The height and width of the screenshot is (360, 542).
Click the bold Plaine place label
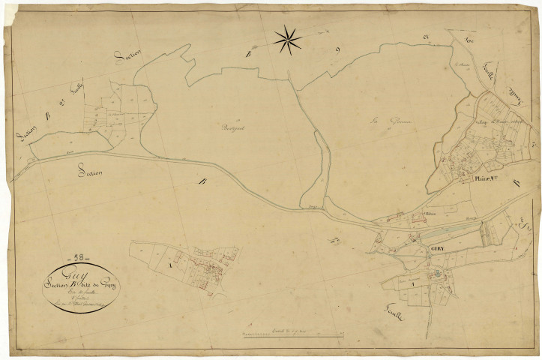[488, 178]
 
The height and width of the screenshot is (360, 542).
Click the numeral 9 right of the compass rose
[338, 50]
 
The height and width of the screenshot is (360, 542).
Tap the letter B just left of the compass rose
[248, 52]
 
